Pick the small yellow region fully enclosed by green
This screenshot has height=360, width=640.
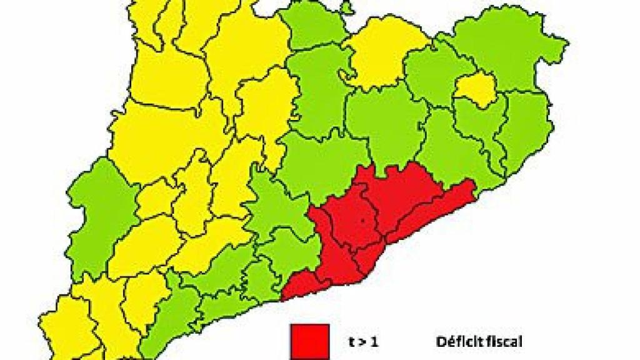(474, 87)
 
